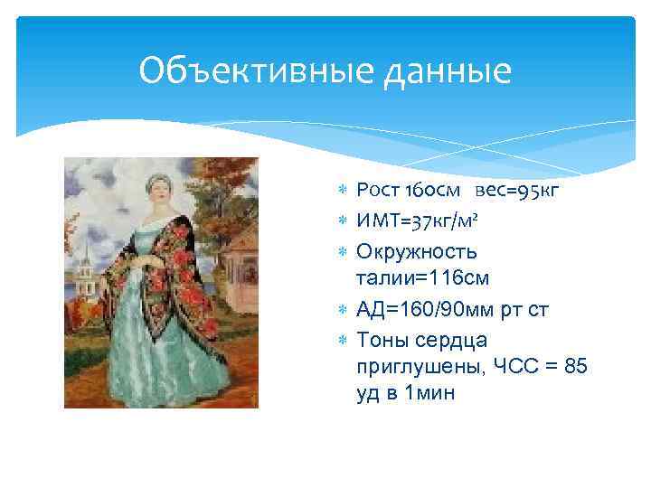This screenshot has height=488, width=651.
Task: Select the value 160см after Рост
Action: pyautogui.click(x=435, y=190)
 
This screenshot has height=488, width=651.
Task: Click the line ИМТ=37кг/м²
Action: pyautogui.click(x=424, y=220)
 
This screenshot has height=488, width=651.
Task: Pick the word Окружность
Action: pyautogui.click(x=417, y=249)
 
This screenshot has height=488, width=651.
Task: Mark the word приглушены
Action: pyautogui.click(x=420, y=366)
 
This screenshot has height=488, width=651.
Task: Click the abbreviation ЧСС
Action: pyautogui.click(x=514, y=366)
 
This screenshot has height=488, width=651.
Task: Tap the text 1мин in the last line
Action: pyautogui.click(x=431, y=394)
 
